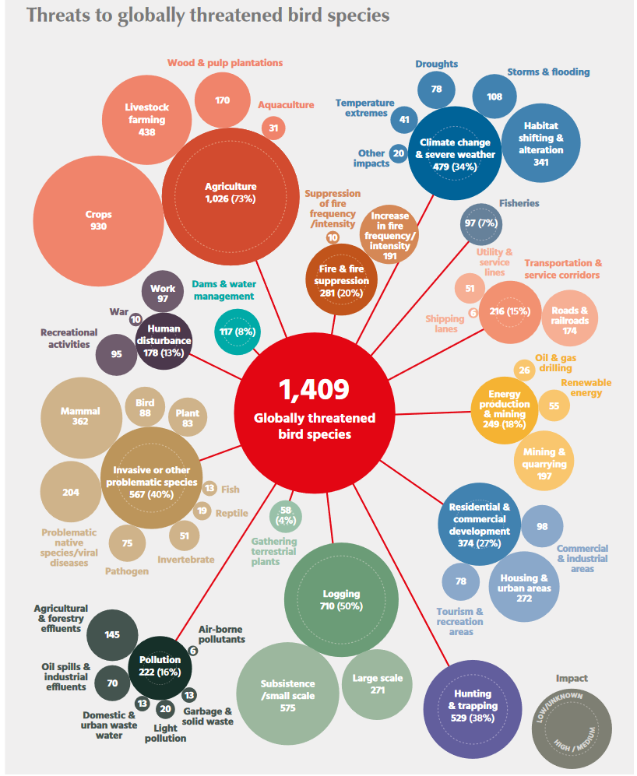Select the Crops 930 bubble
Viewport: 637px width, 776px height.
coord(98,220)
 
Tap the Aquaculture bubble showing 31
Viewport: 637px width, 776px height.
coord(273,128)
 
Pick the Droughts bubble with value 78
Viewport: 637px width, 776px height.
coord(436,90)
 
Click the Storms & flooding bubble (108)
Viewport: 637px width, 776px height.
coord(494,97)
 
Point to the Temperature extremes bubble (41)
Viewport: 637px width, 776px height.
coord(404,120)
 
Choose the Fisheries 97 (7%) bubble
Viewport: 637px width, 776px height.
coord(480,223)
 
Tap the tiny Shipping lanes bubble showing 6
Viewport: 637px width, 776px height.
coord(473,313)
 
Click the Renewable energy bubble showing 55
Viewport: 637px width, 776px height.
coord(554,406)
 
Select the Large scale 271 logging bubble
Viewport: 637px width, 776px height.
coord(377,683)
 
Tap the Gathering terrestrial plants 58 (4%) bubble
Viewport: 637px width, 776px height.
coord(285,515)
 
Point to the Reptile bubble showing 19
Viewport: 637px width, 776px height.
coord(202,511)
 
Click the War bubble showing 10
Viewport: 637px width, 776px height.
coord(135,319)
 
